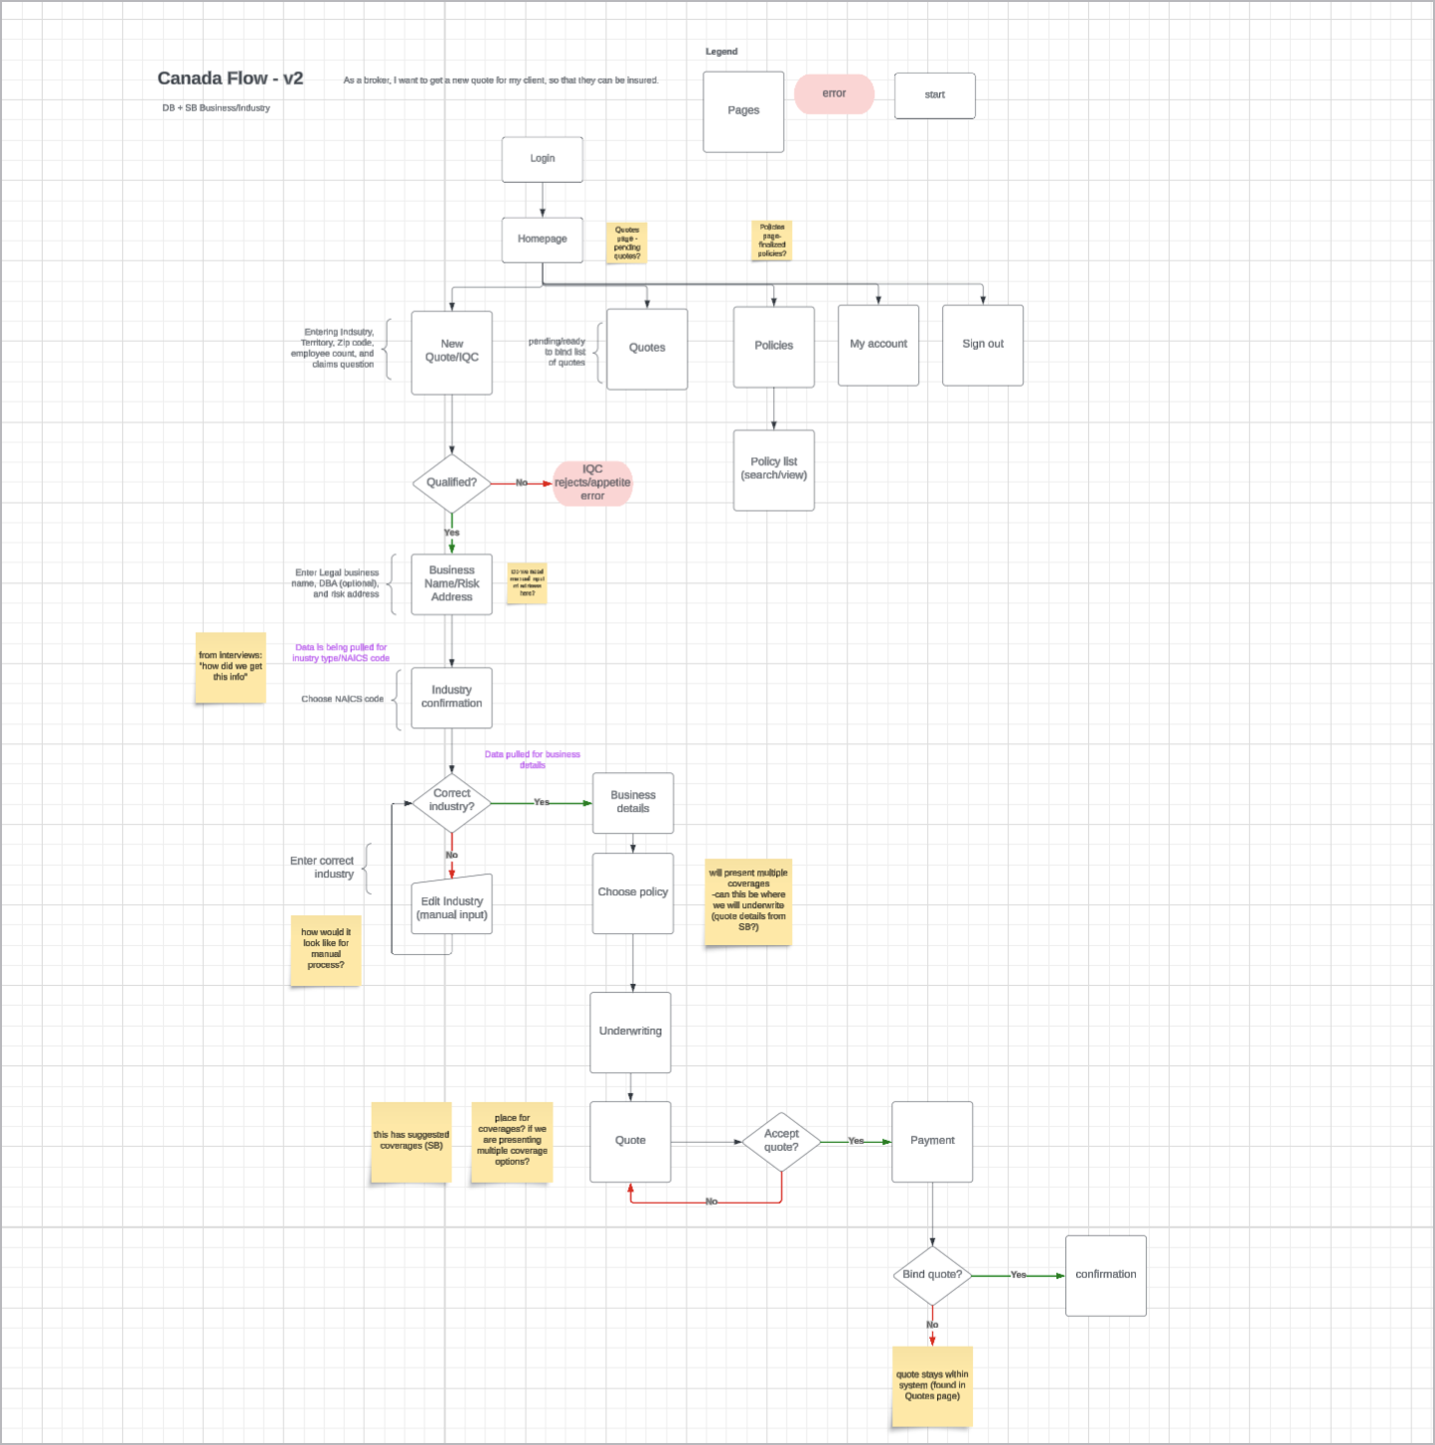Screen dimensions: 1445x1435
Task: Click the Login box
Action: click(x=542, y=159)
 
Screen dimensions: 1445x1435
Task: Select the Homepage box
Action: click(x=542, y=240)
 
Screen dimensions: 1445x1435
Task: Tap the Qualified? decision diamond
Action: click(x=451, y=483)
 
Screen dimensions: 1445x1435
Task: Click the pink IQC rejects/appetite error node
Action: click(x=592, y=483)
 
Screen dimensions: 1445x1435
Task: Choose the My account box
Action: click(x=877, y=345)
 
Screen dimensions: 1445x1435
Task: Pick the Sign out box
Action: click(x=982, y=345)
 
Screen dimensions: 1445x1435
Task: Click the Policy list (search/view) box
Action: click(x=773, y=470)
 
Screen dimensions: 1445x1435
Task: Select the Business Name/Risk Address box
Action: click(x=451, y=584)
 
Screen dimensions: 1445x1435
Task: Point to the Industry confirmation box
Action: click(x=451, y=697)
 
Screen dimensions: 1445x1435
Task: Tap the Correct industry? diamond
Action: click(x=451, y=801)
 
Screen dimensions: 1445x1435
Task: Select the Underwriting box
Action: click(x=630, y=1032)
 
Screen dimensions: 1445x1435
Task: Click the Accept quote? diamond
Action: click(x=781, y=1142)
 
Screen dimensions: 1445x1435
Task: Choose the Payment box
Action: click(x=931, y=1141)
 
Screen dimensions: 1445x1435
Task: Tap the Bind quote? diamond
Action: click(x=931, y=1275)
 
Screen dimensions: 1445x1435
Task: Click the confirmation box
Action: click(x=1105, y=1275)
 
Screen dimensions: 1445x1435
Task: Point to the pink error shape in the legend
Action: click(x=834, y=94)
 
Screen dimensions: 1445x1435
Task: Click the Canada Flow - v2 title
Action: click(x=230, y=79)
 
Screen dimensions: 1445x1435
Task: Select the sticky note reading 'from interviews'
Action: click(x=230, y=667)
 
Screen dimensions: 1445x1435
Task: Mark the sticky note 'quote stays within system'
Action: click(x=931, y=1385)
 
